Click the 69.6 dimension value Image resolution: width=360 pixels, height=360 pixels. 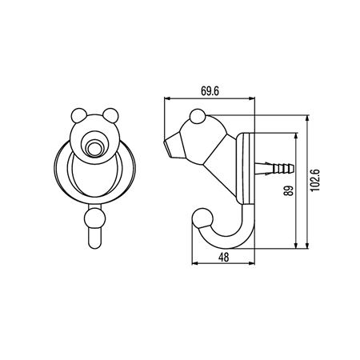(210, 90)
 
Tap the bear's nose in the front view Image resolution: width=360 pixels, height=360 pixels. (95, 146)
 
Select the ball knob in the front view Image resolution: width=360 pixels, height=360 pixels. (94, 217)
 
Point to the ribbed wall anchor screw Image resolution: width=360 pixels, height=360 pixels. (276, 169)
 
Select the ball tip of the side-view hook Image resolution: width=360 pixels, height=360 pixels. (200, 218)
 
